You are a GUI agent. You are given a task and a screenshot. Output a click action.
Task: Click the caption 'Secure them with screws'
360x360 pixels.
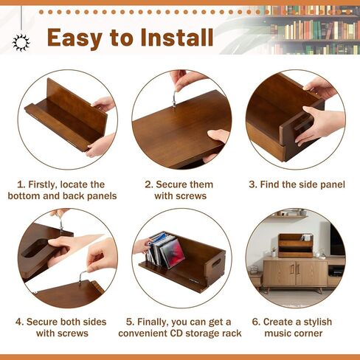(180, 190)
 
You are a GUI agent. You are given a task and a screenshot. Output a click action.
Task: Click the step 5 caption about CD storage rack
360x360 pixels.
(180, 328)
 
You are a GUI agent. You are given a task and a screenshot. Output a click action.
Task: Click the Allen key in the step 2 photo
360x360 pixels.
(175, 94)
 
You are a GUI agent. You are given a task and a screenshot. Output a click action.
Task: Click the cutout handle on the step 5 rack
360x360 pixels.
(214, 265)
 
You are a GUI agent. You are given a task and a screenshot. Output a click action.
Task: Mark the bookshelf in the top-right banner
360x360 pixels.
(310, 30)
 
